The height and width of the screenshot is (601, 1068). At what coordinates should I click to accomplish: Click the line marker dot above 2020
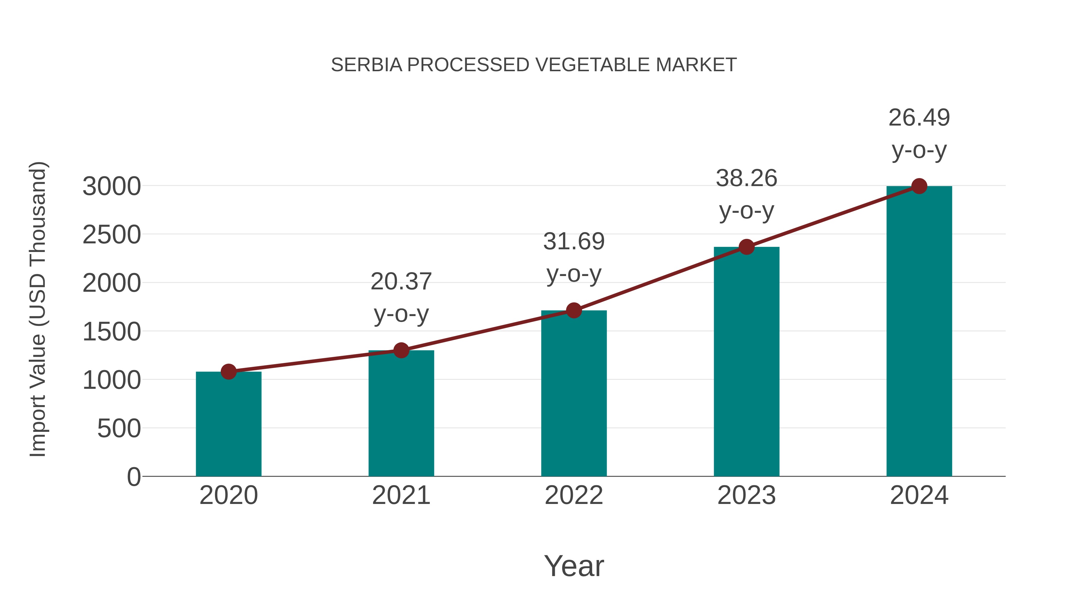tap(228, 372)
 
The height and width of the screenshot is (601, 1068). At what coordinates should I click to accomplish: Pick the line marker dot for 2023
tap(746, 247)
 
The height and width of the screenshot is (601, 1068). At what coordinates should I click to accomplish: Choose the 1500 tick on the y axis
tap(112, 332)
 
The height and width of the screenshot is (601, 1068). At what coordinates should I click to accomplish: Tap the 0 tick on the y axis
tap(133, 477)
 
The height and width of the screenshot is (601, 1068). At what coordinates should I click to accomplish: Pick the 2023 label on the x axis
tap(746, 495)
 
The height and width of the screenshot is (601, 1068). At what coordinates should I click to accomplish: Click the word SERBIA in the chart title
tap(366, 65)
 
